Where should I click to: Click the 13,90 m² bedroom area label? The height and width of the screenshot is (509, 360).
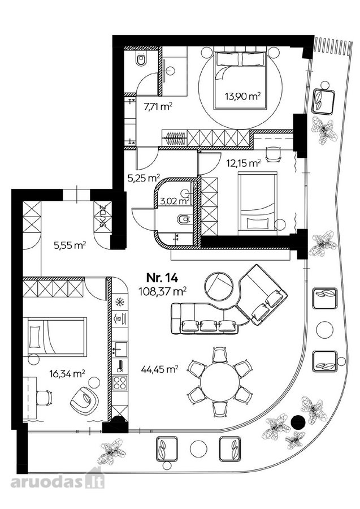[243, 96]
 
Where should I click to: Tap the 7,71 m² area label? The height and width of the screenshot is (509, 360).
[158, 106]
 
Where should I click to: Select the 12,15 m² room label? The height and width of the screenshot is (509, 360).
[243, 163]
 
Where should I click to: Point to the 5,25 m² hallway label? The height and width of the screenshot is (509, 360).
[144, 178]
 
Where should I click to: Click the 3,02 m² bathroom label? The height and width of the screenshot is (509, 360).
[175, 201]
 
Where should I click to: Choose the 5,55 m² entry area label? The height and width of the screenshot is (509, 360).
[70, 245]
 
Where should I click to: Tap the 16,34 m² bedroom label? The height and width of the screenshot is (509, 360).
[67, 374]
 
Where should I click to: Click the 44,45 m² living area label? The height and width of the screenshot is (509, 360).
[160, 368]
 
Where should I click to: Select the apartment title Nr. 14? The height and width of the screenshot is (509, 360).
[162, 278]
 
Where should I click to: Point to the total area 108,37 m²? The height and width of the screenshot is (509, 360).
[163, 291]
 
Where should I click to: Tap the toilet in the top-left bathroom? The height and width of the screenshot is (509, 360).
[141, 59]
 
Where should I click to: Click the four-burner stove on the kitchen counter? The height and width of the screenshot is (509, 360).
[119, 383]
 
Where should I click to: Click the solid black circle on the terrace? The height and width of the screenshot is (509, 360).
[298, 422]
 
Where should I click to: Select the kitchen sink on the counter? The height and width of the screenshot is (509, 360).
[119, 350]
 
